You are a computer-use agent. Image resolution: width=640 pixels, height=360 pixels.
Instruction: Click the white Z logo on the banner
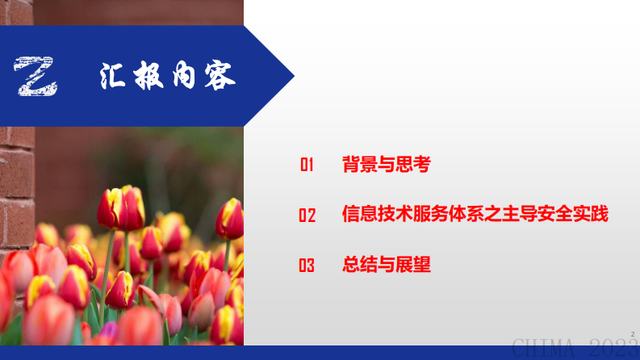(x=36, y=77)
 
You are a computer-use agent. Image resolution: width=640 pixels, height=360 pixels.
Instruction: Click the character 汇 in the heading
(x=114, y=76)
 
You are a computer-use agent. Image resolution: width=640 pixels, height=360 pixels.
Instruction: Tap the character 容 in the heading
(x=219, y=76)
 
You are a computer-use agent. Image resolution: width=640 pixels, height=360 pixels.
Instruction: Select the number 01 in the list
(x=307, y=165)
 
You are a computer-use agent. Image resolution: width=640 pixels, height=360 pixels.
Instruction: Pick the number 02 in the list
(x=307, y=216)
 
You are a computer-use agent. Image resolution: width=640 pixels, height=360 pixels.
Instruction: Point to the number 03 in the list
(x=307, y=265)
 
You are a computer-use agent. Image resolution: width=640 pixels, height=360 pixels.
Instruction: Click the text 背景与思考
(x=387, y=165)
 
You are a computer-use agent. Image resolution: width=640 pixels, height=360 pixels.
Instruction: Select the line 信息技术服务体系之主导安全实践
(x=475, y=215)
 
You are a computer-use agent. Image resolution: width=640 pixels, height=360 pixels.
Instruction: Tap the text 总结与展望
(x=387, y=264)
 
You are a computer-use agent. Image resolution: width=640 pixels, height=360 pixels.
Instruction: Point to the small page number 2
(x=633, y=333)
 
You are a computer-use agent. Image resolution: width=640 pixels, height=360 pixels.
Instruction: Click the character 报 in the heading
(x=149, y=76)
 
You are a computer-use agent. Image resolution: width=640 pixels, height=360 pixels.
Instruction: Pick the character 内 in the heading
(x=184, y=76)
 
